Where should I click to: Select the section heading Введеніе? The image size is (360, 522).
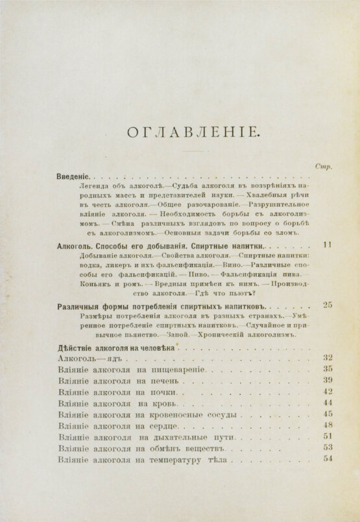click(x=73, y=176)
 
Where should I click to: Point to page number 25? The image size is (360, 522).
click(x=327, y=304)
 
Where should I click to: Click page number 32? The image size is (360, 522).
click(x=327, y=357)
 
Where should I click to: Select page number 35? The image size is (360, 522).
click(x=327, y=369)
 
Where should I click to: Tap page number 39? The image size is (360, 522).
click(x=327, y=380)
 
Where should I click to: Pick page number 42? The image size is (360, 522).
click(x=327, y=391)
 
